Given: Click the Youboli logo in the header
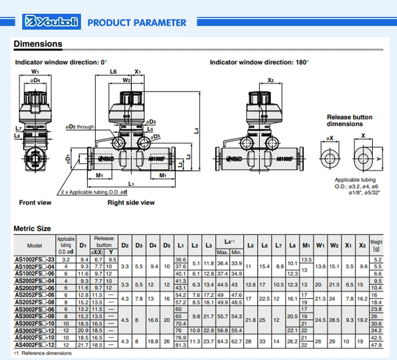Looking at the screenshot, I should pyautogui.click(x=51, y=23).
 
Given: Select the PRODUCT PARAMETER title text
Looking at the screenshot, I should pyautogui.click(x=137, y=23).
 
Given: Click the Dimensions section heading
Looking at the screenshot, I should pyautogui.click(x=38, y=44).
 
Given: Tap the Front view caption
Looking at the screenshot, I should pyautogui.click(x=35, y=202).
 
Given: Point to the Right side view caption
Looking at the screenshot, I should pyautogui.click(x=131, y=202).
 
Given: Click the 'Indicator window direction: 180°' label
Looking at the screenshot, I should pyautogui.click(x=259, y=62).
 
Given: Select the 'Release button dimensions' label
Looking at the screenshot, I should pyautogui.click(x=349, y=120).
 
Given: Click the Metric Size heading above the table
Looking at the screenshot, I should pyautogui.click(x=32, y=228).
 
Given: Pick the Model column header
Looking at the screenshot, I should pyautogui.click(x=34, y=245).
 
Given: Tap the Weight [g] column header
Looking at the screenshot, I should pyautogui.click(x=376, y=245).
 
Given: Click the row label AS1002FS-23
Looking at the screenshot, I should pyautogui.click(x=34, y=259).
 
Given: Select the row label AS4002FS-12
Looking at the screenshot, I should pyautogui.click(x=34, y=345).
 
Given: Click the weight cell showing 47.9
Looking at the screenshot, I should pyautogui.click(x=376, y=345).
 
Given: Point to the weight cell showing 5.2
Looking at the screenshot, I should pyautogui.click(x=376, y=259).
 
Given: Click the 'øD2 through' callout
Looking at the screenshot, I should pyautogui.click(x=80, y=127).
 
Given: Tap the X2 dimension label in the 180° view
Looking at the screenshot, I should pyautogui.click(x=270, y=80).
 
